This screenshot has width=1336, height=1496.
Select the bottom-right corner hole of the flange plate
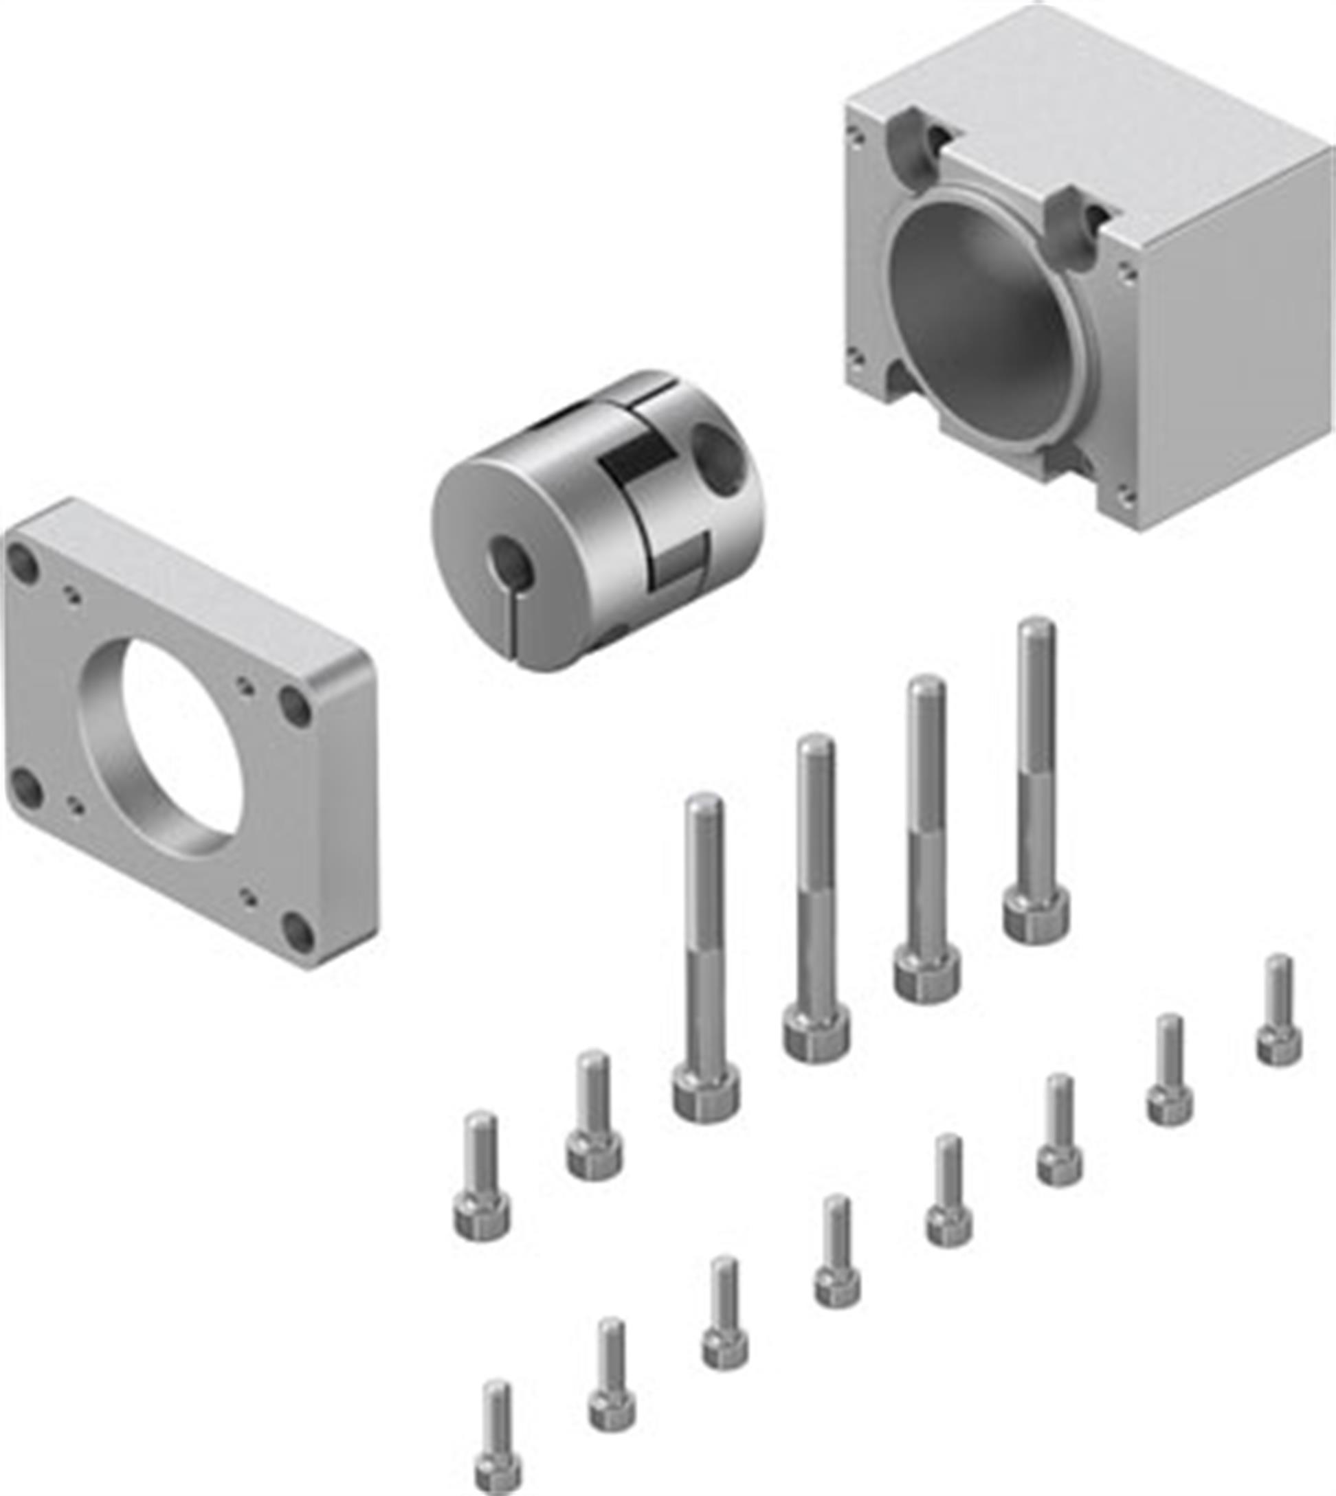click(x=299, y=932)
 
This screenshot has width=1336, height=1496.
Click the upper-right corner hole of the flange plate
click(x=296, y=706)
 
